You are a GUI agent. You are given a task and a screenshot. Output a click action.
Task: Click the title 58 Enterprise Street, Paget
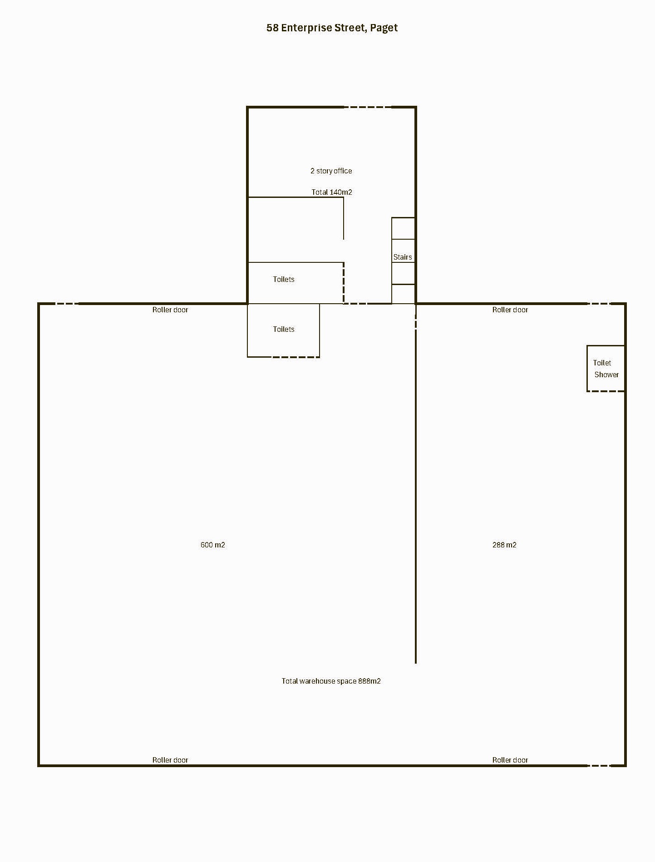point(332,28)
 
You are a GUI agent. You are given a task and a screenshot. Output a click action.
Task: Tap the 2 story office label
point(331,171)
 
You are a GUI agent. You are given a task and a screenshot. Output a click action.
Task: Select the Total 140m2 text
point(331,192)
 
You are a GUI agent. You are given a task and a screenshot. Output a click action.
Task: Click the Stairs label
point(403,257)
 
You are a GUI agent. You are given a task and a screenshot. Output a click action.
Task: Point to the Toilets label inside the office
point(284,279)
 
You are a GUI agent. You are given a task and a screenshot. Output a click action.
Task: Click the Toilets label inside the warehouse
point(284,329)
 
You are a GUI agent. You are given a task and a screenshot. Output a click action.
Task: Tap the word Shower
point(606,374)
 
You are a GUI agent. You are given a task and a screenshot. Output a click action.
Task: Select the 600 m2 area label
point(212,545)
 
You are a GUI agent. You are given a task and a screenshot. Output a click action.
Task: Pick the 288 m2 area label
point(504,545)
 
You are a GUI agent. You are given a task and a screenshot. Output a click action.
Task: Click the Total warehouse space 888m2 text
point(331,681)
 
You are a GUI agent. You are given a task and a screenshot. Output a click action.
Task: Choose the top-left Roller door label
point(170,310)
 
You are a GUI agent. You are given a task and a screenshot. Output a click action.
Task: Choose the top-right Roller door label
point(510,310)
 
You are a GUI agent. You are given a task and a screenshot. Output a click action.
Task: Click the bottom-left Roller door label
point(170,760)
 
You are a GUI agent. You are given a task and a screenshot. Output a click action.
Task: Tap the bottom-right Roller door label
point(510,760)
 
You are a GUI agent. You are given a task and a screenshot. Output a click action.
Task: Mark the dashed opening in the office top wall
point(368,107)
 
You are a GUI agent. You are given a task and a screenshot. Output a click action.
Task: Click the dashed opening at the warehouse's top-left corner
point(67,303)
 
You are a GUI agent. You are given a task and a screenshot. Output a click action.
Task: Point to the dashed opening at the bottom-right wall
point(599,766)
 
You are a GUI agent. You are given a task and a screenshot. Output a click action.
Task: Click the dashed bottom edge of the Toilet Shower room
point(606,391)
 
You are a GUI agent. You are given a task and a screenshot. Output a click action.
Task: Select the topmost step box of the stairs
point(403,228)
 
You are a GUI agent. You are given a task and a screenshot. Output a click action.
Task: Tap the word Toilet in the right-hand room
point(602,363)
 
